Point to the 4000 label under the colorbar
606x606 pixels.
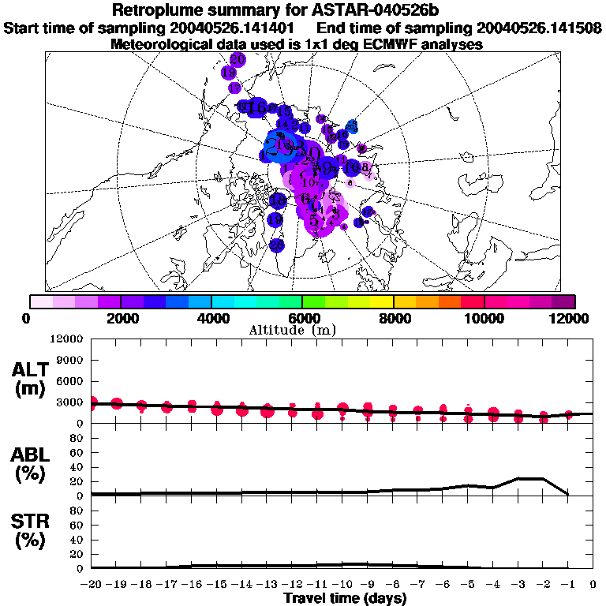click(211, 318)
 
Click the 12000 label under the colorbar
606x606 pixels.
click(570, 318)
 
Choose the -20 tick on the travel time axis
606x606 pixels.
click(91, 584)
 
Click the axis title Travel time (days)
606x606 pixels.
click(345, 599)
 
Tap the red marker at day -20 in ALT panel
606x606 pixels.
click(92, 402)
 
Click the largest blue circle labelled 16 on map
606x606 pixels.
click(256, 108)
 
